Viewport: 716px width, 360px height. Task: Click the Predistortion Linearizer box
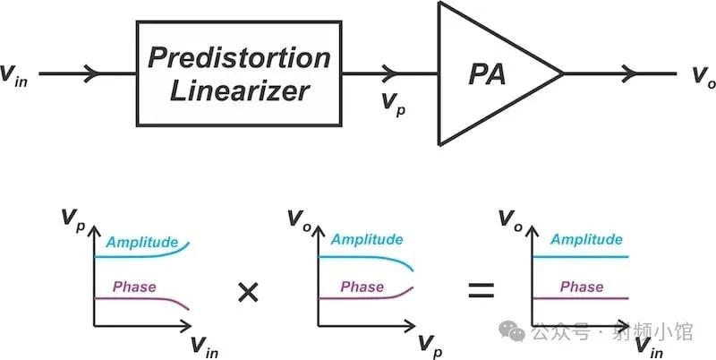point(238,73)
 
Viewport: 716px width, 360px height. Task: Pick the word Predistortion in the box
point(238,57)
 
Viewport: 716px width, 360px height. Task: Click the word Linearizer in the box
point(238,90)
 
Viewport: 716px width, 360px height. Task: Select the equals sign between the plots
point(482,290)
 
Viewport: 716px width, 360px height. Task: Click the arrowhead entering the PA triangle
point(388,73)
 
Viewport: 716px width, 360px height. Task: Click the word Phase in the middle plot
point(362,287)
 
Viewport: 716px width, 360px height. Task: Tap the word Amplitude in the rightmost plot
point(586,239)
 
